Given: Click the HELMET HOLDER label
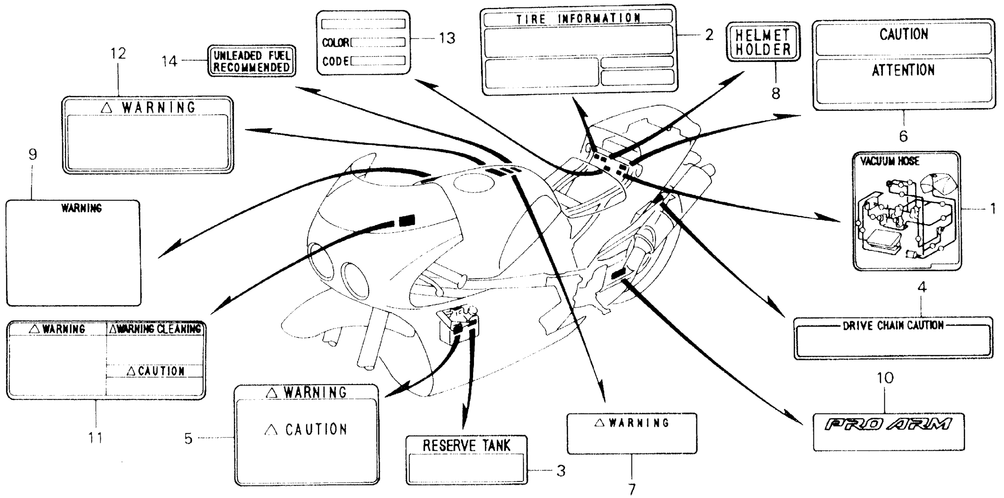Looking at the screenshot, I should coord(763,42).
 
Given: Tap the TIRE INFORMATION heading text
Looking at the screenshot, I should coord(578,18).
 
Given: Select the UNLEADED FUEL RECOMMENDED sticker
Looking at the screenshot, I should coord(252,61).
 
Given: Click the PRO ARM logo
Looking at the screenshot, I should coord(888,424).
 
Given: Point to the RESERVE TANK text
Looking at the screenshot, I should coord(466,446).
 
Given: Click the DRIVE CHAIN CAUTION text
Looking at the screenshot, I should coord(893,325).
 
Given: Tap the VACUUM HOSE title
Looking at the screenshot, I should coord(889,161).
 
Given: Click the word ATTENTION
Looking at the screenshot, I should coord(903,71).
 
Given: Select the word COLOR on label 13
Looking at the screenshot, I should coord(336,42).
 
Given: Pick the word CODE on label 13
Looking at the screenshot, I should coord(336,62).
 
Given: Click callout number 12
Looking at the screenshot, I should coord(118,54).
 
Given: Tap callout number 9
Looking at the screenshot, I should coord(33,155).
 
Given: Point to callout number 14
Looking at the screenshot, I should coord(170,61).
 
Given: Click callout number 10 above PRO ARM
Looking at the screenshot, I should coord(885,378).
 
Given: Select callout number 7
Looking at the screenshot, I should coord(632,488).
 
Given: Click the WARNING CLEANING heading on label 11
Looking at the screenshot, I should coord(155,329).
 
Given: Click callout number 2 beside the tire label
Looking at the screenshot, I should coord(709,35).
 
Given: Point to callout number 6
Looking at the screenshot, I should coord(903,136).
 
